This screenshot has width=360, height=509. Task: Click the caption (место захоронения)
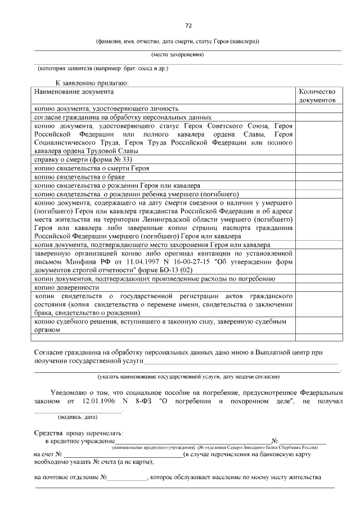177,55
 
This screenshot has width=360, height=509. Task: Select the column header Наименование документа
74,91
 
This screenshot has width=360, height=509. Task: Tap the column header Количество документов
317,96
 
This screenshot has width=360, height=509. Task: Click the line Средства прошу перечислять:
78,433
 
